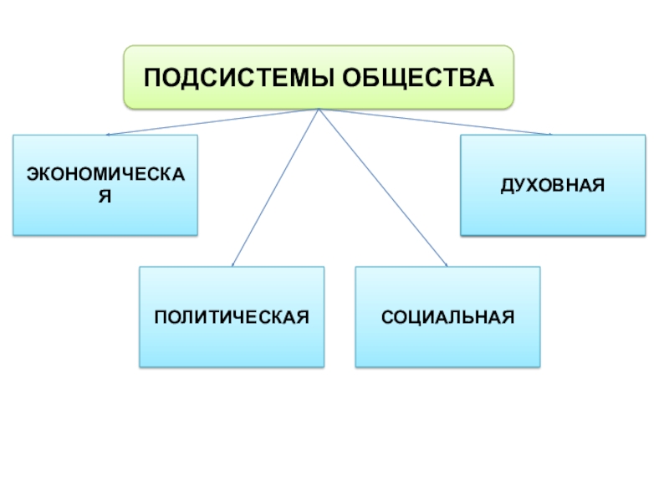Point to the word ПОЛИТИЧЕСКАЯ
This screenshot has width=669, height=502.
pyautogui.click(x=232, y=317)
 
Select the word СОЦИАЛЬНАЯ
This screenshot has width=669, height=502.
pyautogui.click(x=447, y=317)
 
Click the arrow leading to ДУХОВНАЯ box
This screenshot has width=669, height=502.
pyautogui.click(x=435, y=122)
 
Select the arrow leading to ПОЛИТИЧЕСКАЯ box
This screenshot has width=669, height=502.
pyautogui.click(x=276, y=188)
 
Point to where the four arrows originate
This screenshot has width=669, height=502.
pyautogui.click(x=319, y=110)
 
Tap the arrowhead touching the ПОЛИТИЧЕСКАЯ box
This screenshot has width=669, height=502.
pyautogui.click(x=233, y=264)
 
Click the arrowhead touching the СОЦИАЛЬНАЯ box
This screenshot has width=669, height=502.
pyautogui.click(x=447, y=265)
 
